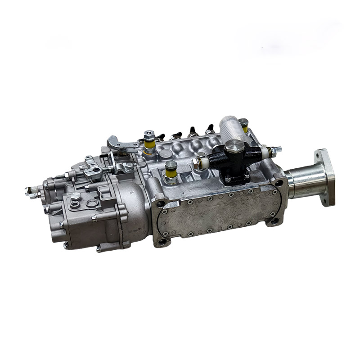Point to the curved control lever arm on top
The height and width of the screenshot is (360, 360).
click(122, 144)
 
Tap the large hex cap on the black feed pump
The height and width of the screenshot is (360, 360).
click(234, 146)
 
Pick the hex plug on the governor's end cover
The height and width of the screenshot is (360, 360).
click(76, 196)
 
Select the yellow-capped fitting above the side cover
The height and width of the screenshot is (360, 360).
click(171, 170)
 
